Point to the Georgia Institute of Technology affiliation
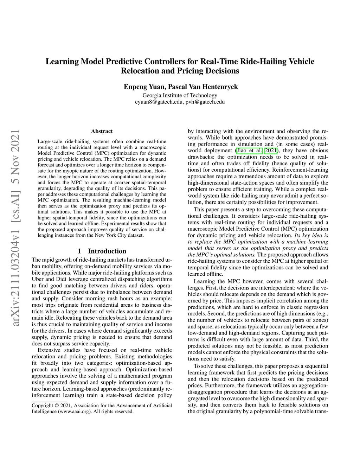click(x=180, y=95)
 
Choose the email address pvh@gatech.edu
click(x=205, y=102)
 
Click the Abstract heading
click(x=102, y=131)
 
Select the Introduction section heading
click(x=107, y=251)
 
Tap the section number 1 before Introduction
click(x=79, y=251)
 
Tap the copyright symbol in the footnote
click(x=56, y=405)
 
